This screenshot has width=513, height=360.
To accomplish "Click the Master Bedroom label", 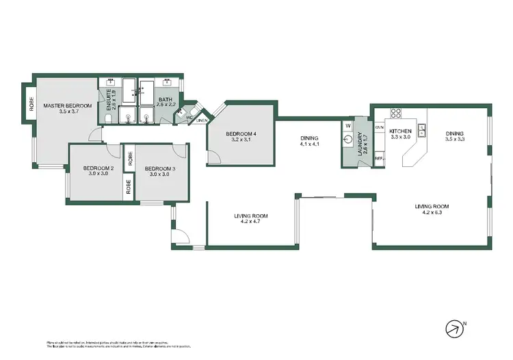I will point(67,105).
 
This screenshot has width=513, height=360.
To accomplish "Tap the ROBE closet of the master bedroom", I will point(31,103).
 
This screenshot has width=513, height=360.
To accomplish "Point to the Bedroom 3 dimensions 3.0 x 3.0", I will point(159,175).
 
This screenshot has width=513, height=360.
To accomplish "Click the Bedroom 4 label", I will point(242,133).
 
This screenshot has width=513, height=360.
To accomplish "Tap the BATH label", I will point(166,100).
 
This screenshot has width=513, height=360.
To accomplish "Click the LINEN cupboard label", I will point(201,120).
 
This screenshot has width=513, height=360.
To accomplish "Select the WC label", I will point(189,117).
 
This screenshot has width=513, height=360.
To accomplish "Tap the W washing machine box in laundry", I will point(347,126).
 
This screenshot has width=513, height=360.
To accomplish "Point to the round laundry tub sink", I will point(347,144).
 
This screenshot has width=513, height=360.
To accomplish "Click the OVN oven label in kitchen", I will point(379,127).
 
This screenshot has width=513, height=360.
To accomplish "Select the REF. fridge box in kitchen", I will point(378,159).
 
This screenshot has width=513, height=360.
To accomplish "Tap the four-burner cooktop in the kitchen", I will point(395,112).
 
